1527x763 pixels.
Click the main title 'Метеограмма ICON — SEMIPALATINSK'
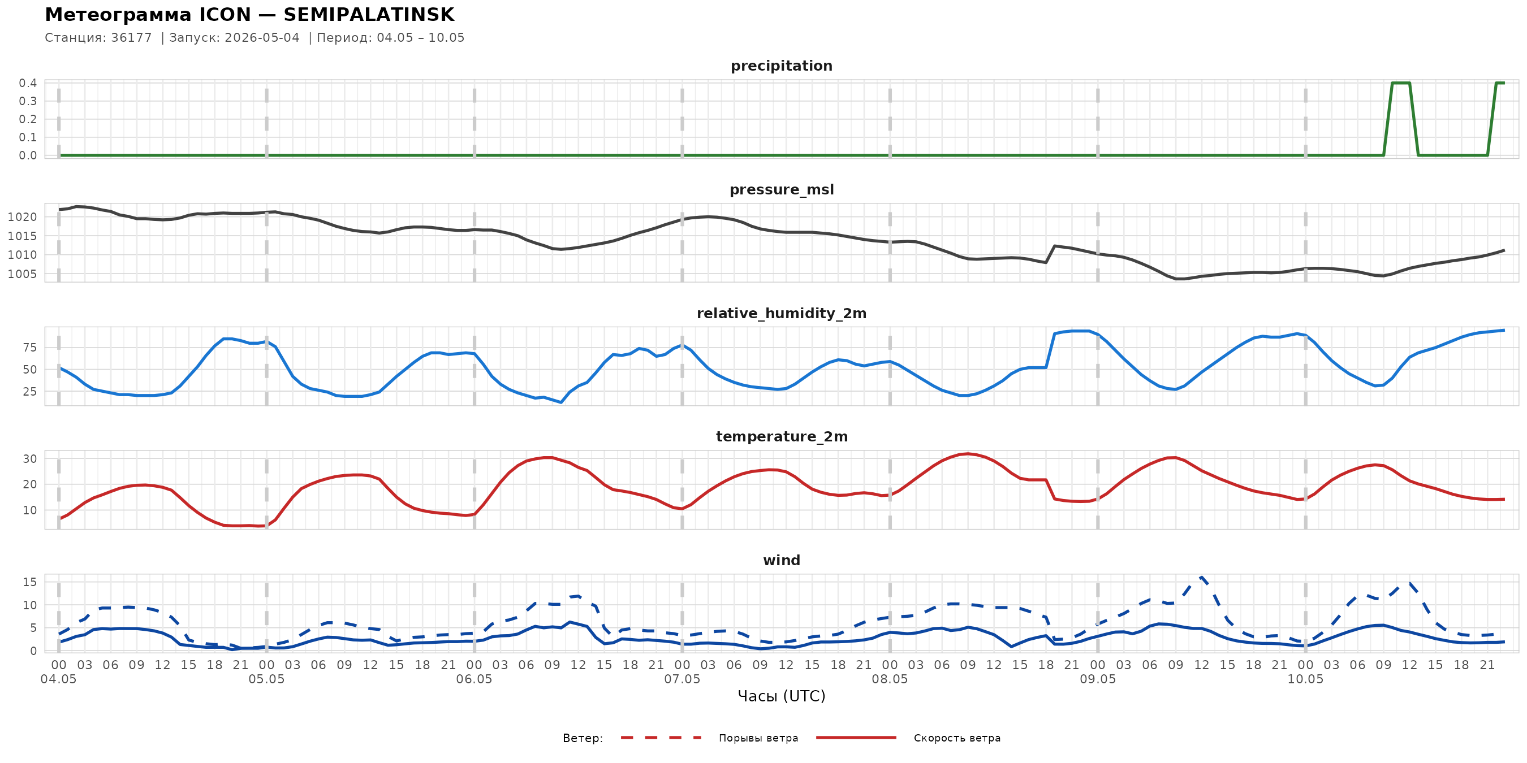click(x=249, y=14)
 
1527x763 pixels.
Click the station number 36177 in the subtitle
click(x=132, y=38)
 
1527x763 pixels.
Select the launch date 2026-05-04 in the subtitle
click(x=262, y=38)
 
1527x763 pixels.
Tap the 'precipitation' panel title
click(x=781, y=66)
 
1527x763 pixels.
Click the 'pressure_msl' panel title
click(x=781, y=189)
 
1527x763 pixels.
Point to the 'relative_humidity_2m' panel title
click(x=781, y=313)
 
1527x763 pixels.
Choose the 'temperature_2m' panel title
click(x=781, y=436)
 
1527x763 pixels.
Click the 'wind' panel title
click(x=781, y=561)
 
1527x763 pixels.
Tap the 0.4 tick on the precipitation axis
click(x=28, y=83)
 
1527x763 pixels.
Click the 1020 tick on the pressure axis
click(x=23, y=217)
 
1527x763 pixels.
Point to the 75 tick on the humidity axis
click(x=30, y=348)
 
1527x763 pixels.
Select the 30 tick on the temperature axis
click(x=30, y=458)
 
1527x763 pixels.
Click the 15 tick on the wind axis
click(x=30, y=582)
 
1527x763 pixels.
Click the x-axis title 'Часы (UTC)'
click(x=781, y=696)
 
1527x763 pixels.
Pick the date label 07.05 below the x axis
click(x=681, y=679)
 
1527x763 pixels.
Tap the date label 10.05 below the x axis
click(x=1305, y=679)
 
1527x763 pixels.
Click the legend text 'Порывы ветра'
click(x=758, y=738)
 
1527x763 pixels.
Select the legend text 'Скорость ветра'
click(x=957, y=738)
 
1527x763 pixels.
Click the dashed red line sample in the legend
click(x=661, y=738)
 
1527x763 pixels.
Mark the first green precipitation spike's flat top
click(x=1401, y=83)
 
